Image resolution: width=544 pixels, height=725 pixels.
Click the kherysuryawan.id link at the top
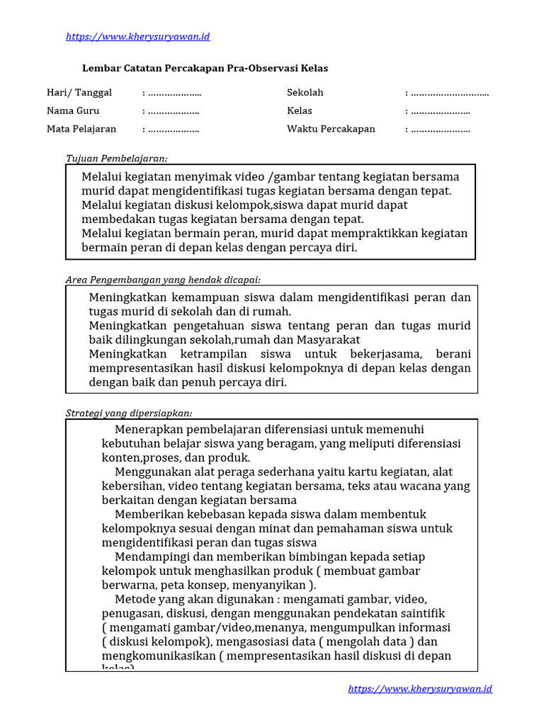(x=137, y=37)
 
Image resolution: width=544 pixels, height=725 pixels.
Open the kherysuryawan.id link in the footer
(x=420, y=689)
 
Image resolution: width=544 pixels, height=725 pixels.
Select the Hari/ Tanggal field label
(x=79, y=93)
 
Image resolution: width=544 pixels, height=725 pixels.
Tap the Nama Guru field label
(x=73, y=110)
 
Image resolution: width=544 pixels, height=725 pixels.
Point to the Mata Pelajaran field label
(x=81, y=129)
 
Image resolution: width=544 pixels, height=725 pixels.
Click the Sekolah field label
(x=305, y=93)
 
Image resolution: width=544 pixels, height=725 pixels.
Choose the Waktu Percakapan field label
(x=331, y=129)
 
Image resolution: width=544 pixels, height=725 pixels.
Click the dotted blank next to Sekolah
(x=450, y=93)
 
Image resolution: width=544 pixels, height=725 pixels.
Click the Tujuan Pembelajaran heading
(x=117, y=159)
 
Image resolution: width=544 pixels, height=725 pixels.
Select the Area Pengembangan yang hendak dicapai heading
(x=168, y=280)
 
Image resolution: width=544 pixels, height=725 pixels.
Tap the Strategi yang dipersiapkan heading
(x=129, y=413)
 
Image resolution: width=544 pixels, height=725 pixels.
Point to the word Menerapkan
(x=148, y=430)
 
